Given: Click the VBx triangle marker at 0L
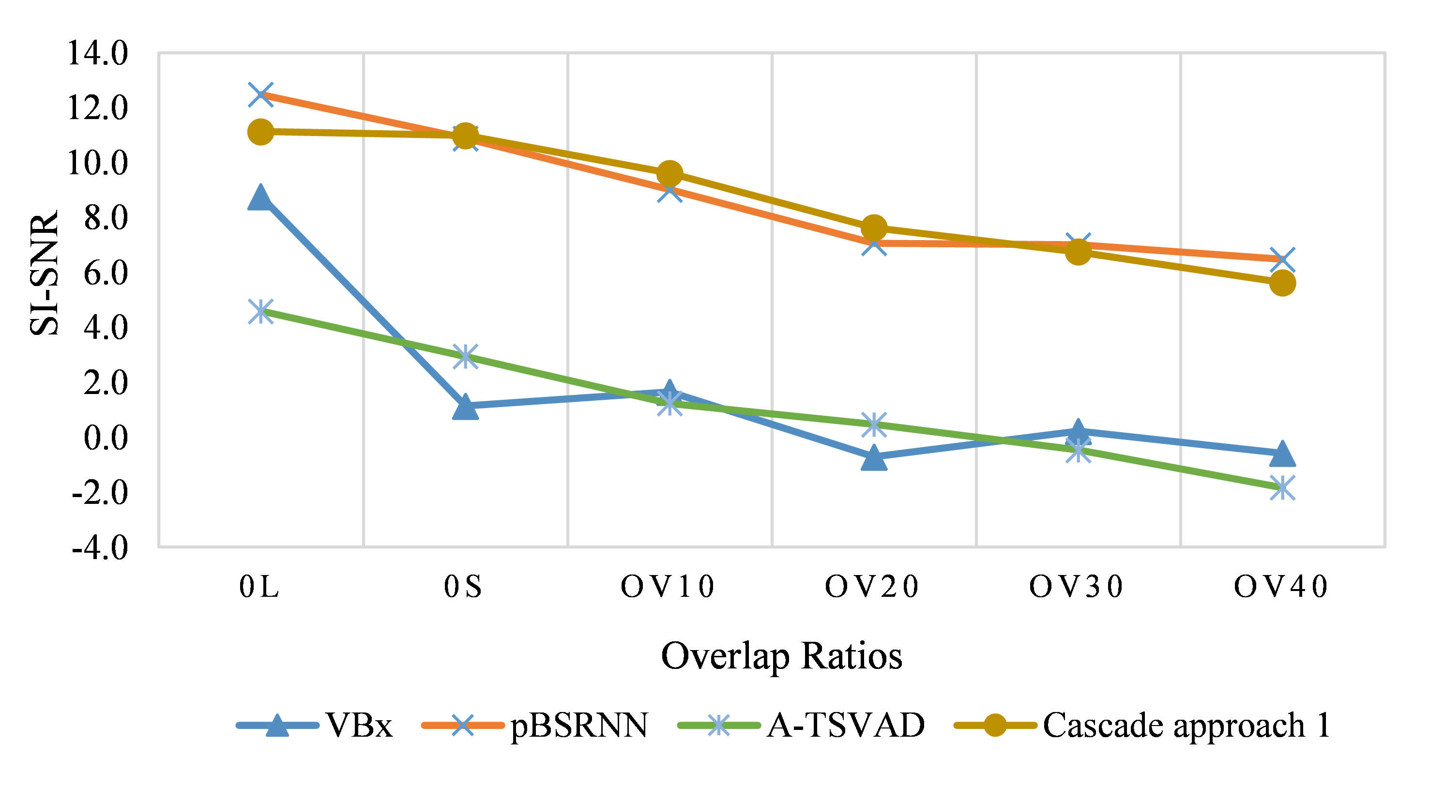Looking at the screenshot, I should click(261, 198).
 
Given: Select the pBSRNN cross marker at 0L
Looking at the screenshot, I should click(261, 94).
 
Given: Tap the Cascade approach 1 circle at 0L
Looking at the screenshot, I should click(261, 132).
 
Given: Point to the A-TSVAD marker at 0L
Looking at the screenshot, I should click(261, 311).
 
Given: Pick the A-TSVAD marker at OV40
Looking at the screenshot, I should click(1282, 487).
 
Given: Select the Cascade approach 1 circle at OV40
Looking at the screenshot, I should click(1282, 283).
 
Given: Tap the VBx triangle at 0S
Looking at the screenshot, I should click(465, 407).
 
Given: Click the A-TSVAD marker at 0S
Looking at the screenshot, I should click(465, 356).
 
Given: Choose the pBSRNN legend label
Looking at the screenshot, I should click(579, 726).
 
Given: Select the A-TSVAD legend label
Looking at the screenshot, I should click(846, 726).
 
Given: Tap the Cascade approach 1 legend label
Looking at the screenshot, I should click(1186, 726).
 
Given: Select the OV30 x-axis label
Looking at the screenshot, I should click(1077, 587).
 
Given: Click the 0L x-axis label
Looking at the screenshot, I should click(259, 587).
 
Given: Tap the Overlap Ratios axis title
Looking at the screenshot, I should click(781, 656).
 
